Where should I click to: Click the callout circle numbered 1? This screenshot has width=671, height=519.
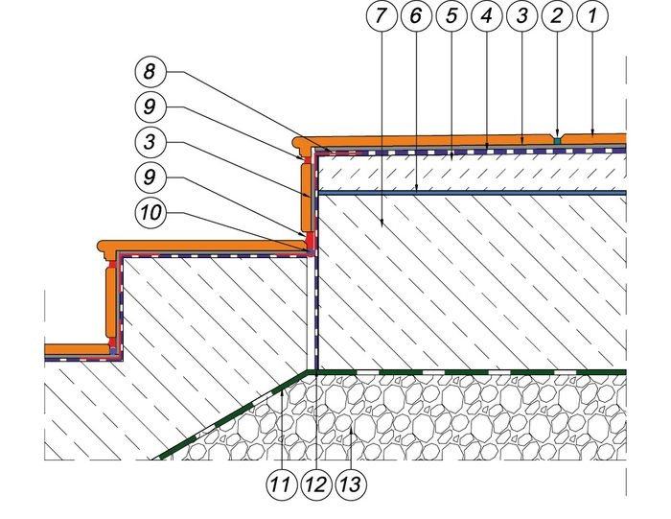(x=591, y=16)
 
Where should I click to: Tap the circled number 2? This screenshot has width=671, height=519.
(x=557, y=16)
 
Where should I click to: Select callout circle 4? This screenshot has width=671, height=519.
(x=487, y=16)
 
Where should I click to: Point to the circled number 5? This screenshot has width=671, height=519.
(x=451, y=16)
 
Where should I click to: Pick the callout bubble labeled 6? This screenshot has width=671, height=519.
(x=416, y=16)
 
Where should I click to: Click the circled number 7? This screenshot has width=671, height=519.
(x=382, y=16)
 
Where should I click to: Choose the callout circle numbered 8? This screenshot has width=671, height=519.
(x=150, y=71)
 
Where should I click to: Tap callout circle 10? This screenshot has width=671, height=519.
(x=150, y=212)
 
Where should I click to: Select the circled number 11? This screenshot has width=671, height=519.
(x=282, y=484)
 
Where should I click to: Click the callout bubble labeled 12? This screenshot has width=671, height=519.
(x=316, y=484)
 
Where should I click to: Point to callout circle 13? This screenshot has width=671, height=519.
(x=351, y=484)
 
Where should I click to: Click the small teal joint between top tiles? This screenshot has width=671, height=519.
(x=557, y=140)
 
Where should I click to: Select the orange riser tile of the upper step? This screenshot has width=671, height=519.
(x=307, y=198)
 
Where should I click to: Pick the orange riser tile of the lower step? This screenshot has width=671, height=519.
(x=110, y=301)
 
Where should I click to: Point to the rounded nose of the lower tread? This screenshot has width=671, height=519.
(x=102, y=246)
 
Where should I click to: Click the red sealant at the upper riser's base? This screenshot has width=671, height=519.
(x=309, y=242)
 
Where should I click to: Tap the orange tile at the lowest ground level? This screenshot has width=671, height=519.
(x=77, y=349)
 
